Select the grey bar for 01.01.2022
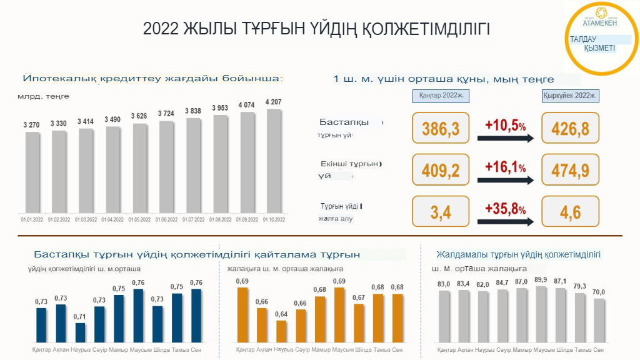click(32, 172)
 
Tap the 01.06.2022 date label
click(167, 219)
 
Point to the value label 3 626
click(140, 116)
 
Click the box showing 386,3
click(441, 128)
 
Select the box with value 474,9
click(570, 170)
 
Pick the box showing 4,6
click(570, 211)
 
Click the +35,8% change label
click(505, 209)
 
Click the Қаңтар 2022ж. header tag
click(441, 96)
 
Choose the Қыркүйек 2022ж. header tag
click(570, 96)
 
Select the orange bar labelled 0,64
click(281, 331)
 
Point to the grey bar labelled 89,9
click(541, 314)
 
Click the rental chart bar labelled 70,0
click(599, 320)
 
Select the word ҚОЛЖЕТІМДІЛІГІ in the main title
click(422, 29)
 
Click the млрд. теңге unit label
click(43, 96)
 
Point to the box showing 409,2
click(441, 170)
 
